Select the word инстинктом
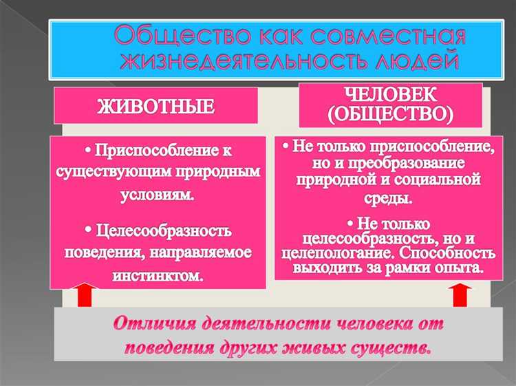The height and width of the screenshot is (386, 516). point(158,276)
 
